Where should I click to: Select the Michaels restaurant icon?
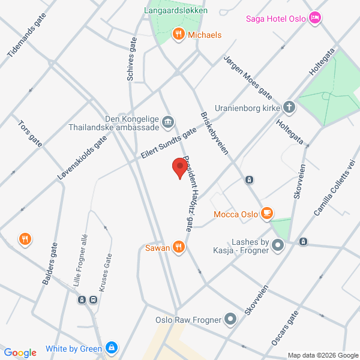coord(178,35)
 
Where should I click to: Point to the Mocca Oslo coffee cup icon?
coord(268,214)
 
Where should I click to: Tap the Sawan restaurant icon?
coord(178,247)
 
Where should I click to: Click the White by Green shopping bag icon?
coord(111,348)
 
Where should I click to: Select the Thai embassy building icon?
coord(169,122)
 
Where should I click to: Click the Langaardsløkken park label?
coord(176,11)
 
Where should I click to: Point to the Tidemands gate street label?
coord(28,35)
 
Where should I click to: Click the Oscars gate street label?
coord(284,328)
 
